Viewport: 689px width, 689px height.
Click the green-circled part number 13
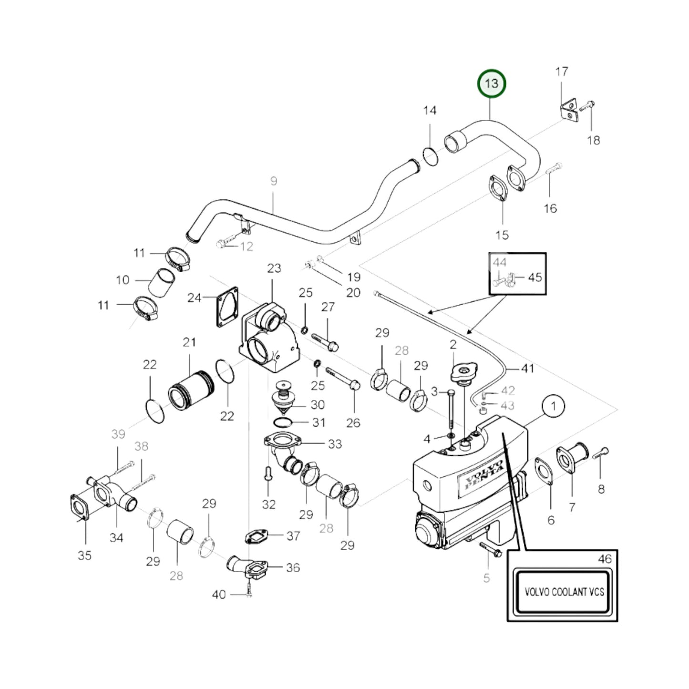click(492, 83)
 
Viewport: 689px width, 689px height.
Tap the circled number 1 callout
click(553, 407)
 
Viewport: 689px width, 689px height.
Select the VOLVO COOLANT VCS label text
click(564, 592)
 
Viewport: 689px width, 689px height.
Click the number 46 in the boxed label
click(605, 559)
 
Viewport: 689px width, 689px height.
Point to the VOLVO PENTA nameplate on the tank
click(481, 475)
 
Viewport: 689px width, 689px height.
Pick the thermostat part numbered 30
click(285, 398)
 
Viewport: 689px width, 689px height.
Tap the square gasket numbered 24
click(226, 307)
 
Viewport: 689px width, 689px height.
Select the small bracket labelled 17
click(568, 111)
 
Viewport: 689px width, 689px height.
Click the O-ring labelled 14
click(430, 156)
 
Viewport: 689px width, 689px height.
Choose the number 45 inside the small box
click(535, 277)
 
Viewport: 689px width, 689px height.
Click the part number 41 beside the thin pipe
click(527, 368)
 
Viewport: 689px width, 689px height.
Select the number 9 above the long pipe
click(273, 181)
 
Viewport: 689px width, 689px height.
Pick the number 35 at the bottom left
click(84, 555)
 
